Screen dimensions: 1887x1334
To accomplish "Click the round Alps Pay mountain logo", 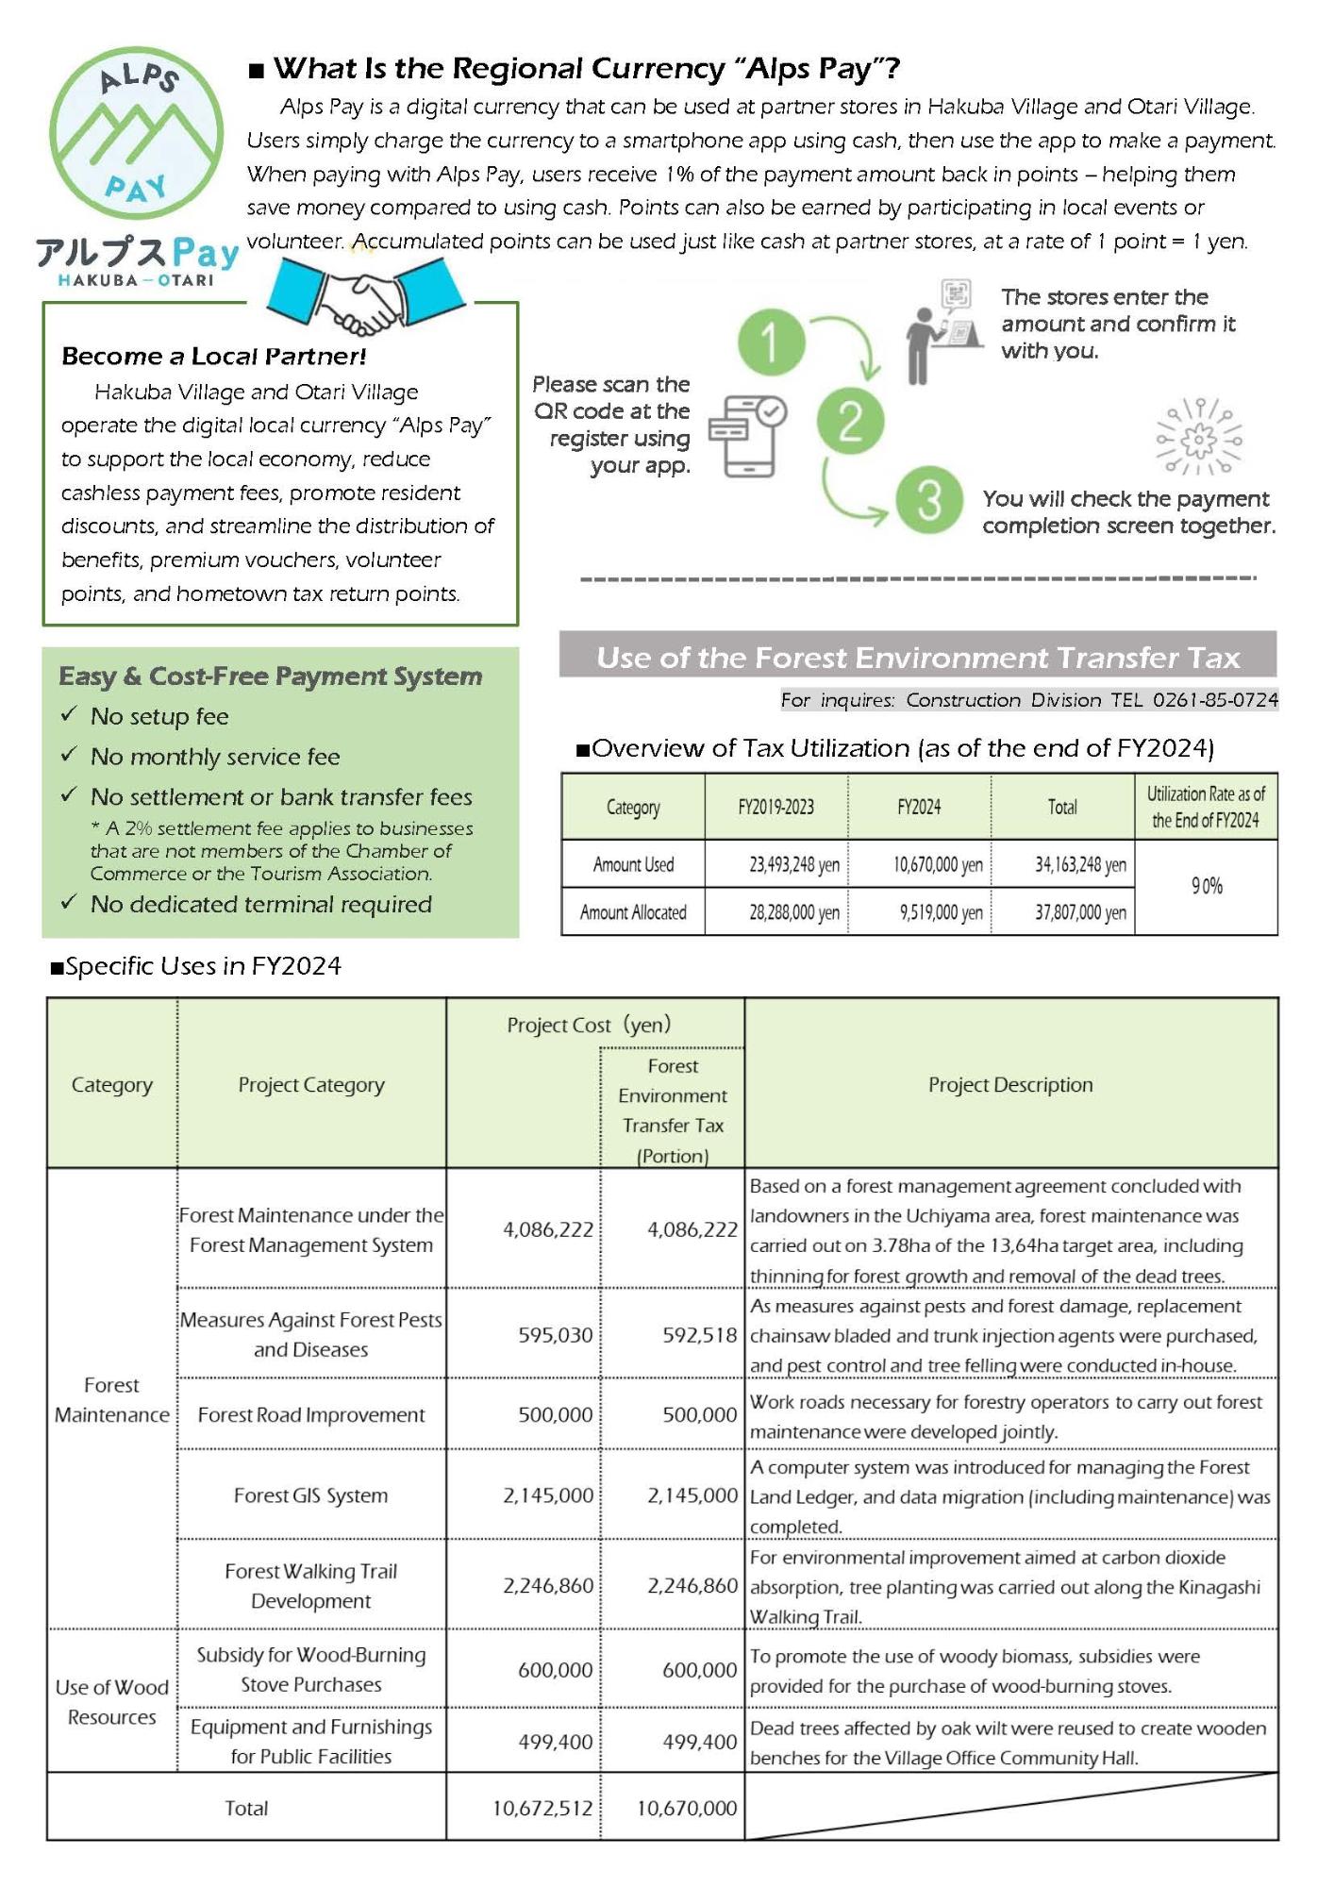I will coord(136,133).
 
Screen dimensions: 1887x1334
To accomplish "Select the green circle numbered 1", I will coord(771,342).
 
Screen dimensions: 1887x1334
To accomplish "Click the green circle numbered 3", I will coord(928,500).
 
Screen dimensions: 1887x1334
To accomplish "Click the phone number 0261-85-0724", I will coord(1215,700).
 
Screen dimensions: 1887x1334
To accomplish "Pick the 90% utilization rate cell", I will coord(1206,886).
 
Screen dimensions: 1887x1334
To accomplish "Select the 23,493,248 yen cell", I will coord(793,865).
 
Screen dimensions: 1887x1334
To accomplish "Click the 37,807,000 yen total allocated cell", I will coord(1079,912).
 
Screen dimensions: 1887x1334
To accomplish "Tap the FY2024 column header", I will coord(919,808).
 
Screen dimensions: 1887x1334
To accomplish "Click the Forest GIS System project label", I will coord(310,1495).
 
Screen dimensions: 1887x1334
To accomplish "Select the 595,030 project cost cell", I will coord(555,1335).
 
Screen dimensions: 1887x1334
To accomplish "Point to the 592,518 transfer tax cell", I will coord(699,1335).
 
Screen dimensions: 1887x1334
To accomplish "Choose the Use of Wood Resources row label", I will coord(111,1701).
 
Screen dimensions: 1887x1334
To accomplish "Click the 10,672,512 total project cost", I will coord(542,1808).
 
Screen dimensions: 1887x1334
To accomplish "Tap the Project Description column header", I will coord(1010,1085).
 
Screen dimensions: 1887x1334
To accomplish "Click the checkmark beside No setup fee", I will coord(69,715).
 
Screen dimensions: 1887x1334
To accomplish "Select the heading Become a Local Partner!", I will coord(213,356).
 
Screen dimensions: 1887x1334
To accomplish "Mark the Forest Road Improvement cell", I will coord(310,1415).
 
